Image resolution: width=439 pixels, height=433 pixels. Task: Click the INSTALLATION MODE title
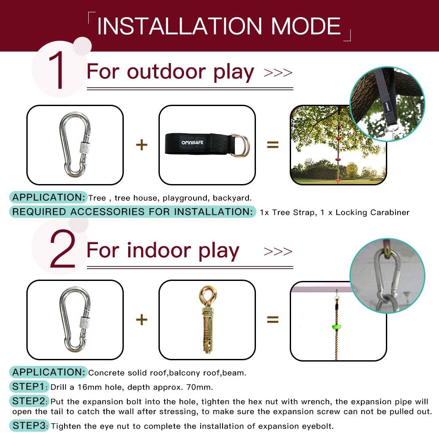point(219,26)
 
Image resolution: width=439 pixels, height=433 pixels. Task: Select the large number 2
point(62,249)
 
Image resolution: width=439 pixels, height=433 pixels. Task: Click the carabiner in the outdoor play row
point(75,145)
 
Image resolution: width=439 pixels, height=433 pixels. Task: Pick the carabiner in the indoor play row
point(75,319)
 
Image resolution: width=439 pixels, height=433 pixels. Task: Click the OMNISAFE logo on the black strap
point(192,142)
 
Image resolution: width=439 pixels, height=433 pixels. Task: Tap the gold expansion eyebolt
point(208,319)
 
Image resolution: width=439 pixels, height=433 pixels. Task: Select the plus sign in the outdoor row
point(142,145)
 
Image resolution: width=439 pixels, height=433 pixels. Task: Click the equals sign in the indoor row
point(273,319)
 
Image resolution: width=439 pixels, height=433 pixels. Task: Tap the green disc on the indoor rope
point(336,327)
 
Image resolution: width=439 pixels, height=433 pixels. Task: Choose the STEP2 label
point(29,401)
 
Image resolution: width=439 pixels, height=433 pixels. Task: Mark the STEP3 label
point(29,426)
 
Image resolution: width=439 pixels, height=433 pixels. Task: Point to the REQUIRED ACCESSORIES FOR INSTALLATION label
point(133,212)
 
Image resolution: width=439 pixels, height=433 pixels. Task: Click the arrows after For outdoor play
point(278,73)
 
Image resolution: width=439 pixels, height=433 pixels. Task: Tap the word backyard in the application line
point(232,198)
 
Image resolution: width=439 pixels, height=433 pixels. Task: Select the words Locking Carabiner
point(372,213)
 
